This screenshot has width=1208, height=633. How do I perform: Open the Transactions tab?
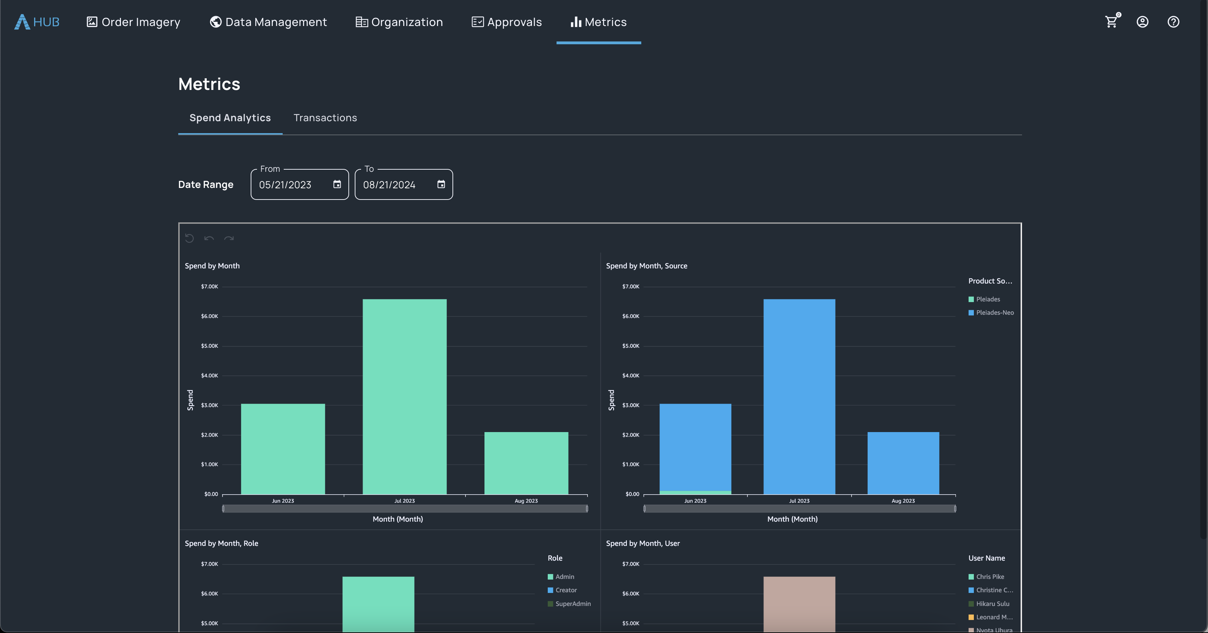tap(325, 118)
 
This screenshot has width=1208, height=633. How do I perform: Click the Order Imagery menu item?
tap(134, 22)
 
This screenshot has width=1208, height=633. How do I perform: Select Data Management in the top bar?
tap(268, 22)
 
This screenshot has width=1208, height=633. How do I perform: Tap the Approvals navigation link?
tap(507, 22)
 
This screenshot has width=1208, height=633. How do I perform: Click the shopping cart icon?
tap(1111, 22)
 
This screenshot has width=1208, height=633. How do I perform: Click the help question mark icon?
tap(1173, 22)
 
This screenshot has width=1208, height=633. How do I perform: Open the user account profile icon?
tap(1142, 22)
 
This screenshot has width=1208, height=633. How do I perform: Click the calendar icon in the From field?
tap(337, 184)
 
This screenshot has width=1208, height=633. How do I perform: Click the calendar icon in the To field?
tap(441, 184)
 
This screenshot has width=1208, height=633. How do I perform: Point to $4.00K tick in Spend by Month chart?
tap(210, 375)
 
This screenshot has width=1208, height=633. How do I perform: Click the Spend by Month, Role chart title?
tap(221, 543)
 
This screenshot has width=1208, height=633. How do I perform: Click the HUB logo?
tap(37, 22)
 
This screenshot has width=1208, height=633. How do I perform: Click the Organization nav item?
tap(399, 22)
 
